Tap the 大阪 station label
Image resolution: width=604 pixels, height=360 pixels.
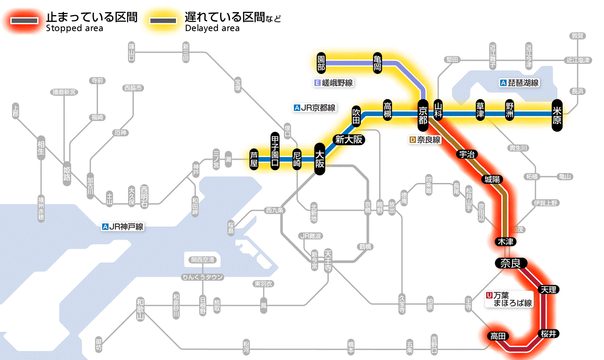320,159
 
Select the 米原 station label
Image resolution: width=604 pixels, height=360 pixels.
557,115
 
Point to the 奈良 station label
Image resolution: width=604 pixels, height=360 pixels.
510,263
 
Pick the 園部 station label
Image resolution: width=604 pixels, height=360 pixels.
321,63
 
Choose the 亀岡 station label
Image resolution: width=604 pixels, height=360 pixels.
378,63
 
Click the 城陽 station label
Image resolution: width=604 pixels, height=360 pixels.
492,179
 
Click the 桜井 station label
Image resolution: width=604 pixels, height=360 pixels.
548,333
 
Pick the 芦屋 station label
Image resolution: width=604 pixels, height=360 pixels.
254,159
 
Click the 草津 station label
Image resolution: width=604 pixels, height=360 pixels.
480,111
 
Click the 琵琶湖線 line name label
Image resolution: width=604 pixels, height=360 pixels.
519,83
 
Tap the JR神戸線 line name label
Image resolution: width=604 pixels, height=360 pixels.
123,227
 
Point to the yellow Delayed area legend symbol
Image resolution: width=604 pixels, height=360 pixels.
163,21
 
